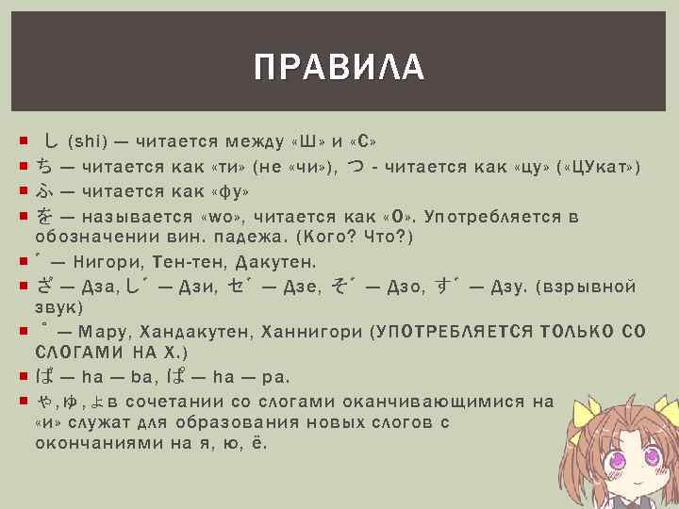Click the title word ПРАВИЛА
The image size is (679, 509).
pyautogui.click(x=339, y=67)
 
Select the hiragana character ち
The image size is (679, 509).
pyautogui.click(x=44, y=168)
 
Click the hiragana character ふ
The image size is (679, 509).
pyautogui.click(x=44, y=192)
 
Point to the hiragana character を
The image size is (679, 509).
pyautogui.click(x=44, y=217)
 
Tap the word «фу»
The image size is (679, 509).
pyautogui.click(x=228, y=192)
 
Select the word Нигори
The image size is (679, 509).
pyautogui.click(x=110, y=261)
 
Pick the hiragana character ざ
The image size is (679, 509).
pyautogui.click(x=44, y=287)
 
